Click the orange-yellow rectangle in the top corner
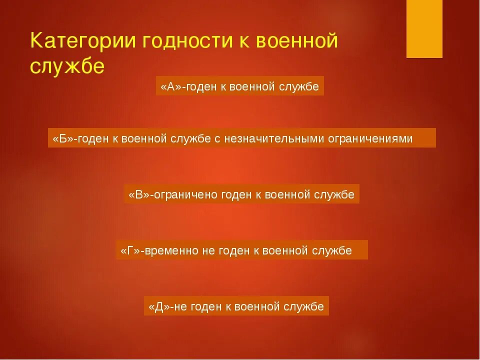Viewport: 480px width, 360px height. pos(424,28)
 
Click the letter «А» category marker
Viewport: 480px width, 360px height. pos(170,86)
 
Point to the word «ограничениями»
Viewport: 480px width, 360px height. pos(370,138)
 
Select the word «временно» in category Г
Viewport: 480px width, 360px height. pos(173,250)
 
